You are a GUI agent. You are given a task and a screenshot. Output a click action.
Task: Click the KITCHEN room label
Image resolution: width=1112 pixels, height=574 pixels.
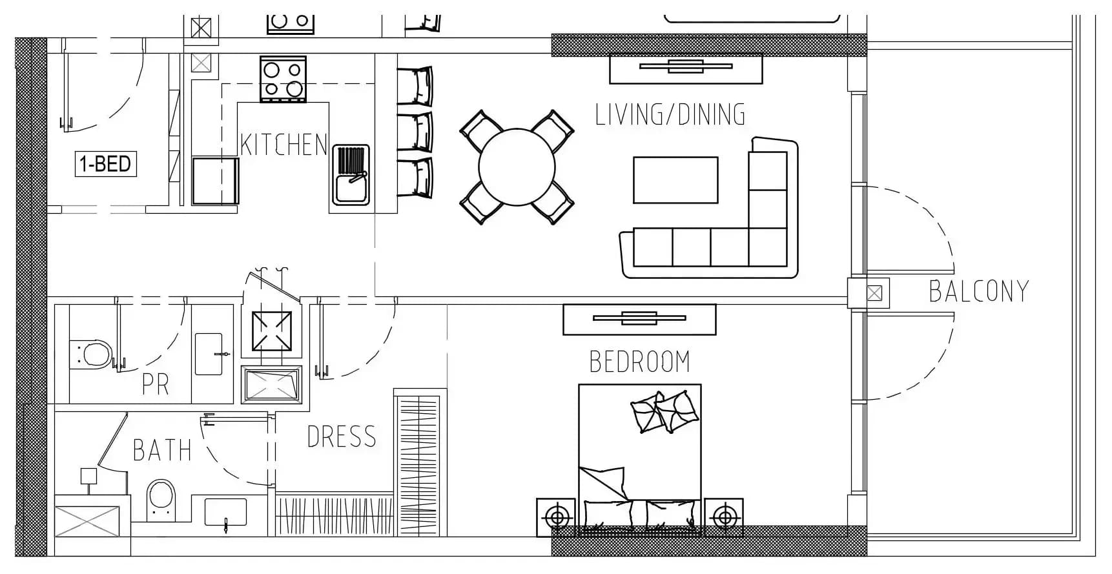pos(283,145)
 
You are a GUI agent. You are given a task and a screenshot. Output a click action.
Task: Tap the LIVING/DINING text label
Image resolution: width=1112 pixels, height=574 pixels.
pos(670,115)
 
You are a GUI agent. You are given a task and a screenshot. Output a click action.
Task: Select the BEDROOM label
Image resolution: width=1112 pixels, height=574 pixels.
pos(639,362)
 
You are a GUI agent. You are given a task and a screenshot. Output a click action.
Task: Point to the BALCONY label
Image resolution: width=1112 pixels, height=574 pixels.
pos(978,291)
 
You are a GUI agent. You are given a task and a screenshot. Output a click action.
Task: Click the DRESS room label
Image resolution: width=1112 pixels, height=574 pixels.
pos(342,436)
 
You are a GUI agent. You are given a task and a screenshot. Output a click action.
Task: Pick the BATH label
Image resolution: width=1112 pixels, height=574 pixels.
pos(162,450)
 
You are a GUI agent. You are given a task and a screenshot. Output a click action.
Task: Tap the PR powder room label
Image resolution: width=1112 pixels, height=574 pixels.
pos(156,384)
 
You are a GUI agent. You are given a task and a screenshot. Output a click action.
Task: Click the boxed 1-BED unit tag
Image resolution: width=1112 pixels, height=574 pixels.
pos(105,163)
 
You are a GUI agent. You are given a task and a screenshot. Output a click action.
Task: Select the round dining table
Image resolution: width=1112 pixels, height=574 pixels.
pos(517,167)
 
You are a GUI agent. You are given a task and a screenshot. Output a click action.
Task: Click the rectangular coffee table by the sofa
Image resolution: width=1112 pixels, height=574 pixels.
pos(675,180)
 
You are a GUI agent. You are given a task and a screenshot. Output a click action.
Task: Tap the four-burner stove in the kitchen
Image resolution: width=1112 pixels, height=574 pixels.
pos(283,79)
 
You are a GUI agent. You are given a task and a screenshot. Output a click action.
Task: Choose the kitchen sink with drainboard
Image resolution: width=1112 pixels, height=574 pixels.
pos(351,174)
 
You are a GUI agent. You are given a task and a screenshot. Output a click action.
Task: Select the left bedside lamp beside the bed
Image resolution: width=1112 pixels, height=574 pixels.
pos(556,517)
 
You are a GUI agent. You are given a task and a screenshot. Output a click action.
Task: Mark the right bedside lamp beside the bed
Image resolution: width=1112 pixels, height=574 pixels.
pos(724,517)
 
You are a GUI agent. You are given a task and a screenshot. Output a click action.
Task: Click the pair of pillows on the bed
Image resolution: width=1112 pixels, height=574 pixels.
pos(664,411)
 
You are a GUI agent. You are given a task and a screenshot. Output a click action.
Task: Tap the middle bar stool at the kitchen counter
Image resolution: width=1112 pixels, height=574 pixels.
pos(414,132)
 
